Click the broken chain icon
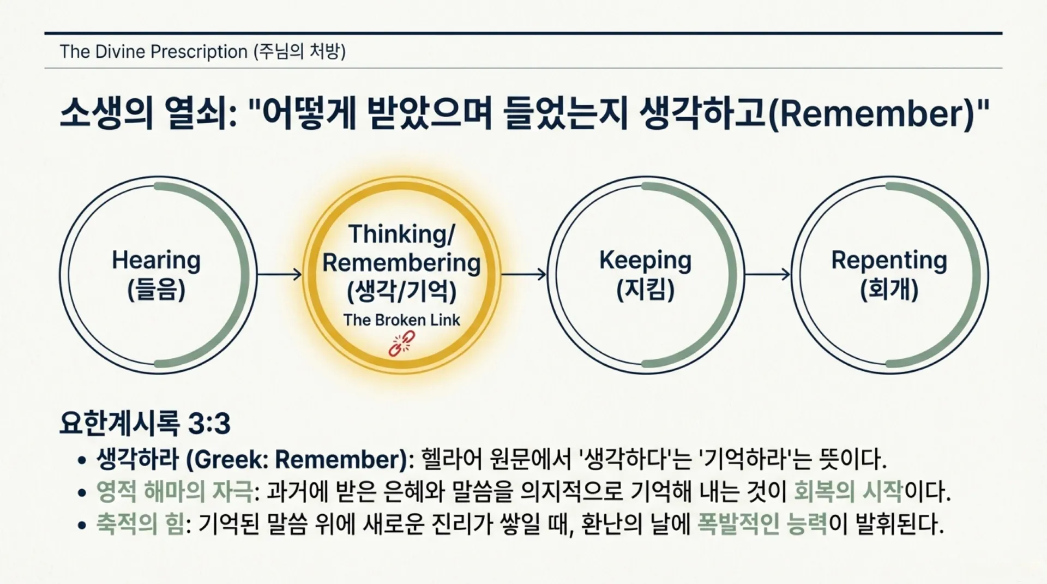point(401,344)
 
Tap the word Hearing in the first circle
point(156,260)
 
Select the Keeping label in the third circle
point(645,260)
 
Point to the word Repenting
point(889,260)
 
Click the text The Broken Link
point(401,320)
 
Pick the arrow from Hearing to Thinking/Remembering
point(279,274)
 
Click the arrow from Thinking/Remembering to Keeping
point(523,274)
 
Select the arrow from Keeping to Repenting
point(767,274)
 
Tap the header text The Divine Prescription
point(153,52)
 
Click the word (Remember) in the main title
point(871,114)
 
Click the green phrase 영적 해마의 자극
point(174,492)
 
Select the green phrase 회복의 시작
point(849,492)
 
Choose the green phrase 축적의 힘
point(140,525)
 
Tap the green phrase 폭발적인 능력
point(762,525)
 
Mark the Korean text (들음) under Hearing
point(156,290)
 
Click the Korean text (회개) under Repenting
point(889,290)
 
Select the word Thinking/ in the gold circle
point(401,234)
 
